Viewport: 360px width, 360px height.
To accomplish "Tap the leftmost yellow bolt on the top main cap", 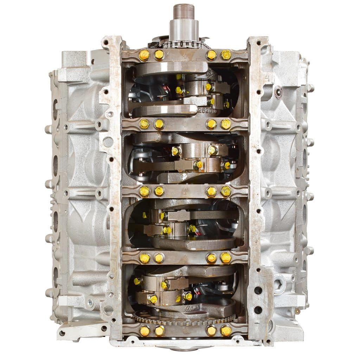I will [144, 55].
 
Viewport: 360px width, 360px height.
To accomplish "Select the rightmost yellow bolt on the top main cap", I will [226, 54].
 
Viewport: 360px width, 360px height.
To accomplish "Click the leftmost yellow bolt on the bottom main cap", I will [144, 331].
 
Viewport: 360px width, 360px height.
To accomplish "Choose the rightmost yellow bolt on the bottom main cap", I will [226, 331].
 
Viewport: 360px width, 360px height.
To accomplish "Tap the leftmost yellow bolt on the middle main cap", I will [144, 191].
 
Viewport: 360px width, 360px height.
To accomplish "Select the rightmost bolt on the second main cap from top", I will [226, 123].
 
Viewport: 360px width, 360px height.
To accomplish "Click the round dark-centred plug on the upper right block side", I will [279, 92].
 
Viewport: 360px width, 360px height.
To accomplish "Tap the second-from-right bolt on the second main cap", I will [211, 123].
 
